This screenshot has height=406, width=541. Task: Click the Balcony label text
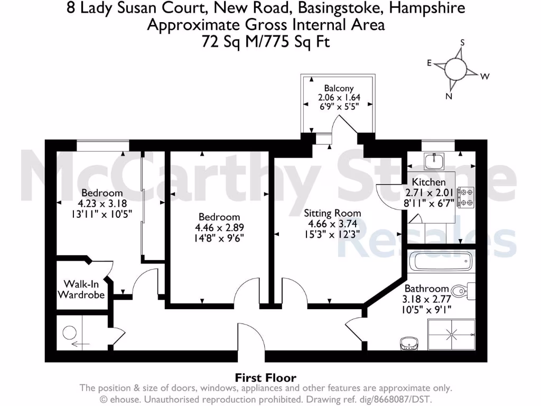tap(339, 89)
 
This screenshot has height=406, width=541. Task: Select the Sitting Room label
tap(332, 214)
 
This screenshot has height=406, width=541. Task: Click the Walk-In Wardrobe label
tap(81, 289)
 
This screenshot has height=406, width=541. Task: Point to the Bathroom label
tap(426, 289)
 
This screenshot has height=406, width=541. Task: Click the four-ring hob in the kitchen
tap(466, 197)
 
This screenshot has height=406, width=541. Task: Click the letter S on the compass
tap(462, 42)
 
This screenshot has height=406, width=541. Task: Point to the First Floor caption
tap(265, 377)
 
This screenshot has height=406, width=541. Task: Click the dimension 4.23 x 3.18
tap(101, 203)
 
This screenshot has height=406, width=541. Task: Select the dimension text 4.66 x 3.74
tap(332, 224)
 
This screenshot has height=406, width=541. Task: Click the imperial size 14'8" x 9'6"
tap(219, 237)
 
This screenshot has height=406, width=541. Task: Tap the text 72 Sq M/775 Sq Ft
tap(265, 42)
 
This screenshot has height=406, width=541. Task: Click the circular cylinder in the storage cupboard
tap(70, 332)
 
